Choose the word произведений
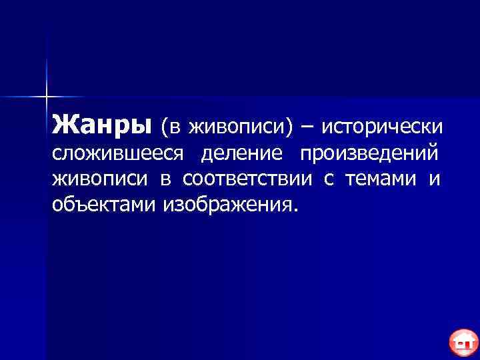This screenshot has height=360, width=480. [369, 153]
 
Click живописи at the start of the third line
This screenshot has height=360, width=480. [99, 179]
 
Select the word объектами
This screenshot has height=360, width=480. [104, 203]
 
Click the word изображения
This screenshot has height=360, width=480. [225, 203]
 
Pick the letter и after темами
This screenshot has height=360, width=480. [435, 179]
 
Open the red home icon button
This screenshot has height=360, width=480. [462, 343]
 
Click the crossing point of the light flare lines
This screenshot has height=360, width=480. [47, 97]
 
